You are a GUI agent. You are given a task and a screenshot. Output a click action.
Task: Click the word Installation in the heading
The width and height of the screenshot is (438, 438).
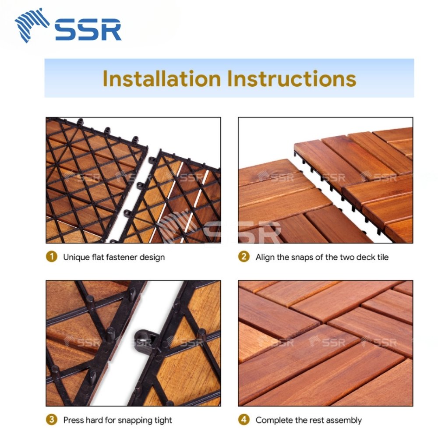(162, 78)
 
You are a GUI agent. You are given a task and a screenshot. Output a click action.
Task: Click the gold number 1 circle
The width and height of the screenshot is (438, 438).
(52, 257)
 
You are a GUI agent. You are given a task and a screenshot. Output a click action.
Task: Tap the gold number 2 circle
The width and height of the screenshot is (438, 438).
(244, 257)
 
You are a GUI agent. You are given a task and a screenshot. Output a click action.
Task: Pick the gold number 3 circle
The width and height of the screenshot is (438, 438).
(52, 420)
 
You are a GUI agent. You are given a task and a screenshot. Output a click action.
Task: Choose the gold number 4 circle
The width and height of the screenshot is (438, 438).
(244, 420)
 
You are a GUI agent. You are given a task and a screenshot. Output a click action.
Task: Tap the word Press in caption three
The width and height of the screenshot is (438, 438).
(73, 420)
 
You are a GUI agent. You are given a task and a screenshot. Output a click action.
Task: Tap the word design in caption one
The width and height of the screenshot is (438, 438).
(152, 257)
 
